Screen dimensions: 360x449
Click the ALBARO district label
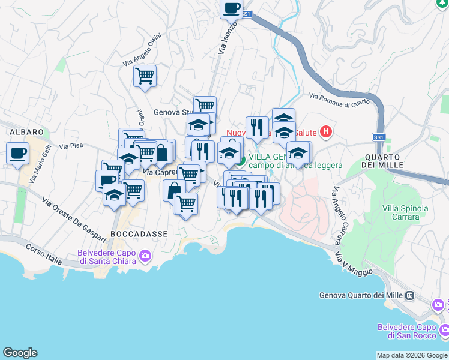(25, 131)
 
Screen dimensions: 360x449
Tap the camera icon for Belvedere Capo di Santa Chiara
(145, 257)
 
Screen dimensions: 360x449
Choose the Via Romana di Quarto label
(339, 100)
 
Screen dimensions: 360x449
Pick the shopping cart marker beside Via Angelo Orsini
(145, 76)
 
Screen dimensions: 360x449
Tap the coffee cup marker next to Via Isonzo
(231, 8)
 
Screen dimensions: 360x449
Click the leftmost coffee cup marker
(17, 153)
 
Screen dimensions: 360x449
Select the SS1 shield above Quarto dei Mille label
(378, 137)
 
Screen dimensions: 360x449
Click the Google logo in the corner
(20, 353)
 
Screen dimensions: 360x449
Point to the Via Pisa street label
(71, 146)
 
